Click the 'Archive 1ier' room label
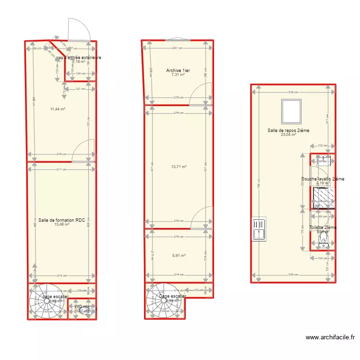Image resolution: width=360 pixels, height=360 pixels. click(x=178, y=71)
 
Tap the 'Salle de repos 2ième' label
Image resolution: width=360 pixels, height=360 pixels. click(x=288, y=131)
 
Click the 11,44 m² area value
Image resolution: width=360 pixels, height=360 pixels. click(x=58, y=109)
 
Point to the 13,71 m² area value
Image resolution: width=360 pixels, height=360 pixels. click(x=179, y=167)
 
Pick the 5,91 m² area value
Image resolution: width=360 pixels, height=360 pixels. click(x=179, y=255)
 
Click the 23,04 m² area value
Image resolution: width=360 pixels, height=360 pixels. click(x=288, y=135)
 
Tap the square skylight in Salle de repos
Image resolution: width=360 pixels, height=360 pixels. click(x=291, y=111)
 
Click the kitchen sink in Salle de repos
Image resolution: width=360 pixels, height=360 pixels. click(x=258, y=228)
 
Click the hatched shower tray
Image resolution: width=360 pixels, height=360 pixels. click(x=321, y=197)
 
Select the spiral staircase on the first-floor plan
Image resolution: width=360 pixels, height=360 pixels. click(x=161, y=301)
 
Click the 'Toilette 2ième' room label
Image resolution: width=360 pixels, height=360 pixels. click(x=323, y=228)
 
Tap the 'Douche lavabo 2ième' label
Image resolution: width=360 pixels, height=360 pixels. click(x=323, y=179)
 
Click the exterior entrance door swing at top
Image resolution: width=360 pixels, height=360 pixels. click(x=80, y=30)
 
